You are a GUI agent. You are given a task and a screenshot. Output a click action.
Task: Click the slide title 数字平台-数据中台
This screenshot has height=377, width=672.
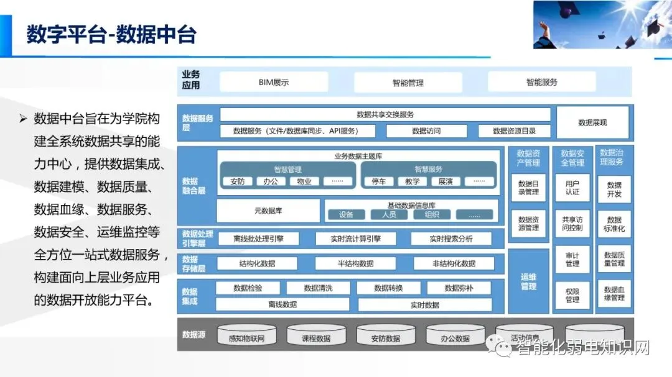click(x=111, y=34)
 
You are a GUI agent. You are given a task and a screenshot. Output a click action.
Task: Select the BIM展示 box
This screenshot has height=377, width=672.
click(x=274, y=82)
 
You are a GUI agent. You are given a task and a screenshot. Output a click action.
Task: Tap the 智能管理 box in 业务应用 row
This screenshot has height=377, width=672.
click(x=408, y=82)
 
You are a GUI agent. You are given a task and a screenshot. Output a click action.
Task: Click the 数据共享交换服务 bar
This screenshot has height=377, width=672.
click(x=385, y=114)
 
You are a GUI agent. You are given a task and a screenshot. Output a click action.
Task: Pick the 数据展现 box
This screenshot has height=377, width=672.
click(x=592, y=122)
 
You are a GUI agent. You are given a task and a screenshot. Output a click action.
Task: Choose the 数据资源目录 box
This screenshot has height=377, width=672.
click(x=513, y=131)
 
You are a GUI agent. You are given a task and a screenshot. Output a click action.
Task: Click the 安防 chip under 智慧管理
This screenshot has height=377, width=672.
click(x=237, y=181)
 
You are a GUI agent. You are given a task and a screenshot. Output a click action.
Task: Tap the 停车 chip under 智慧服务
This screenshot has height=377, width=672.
click(x=378, y=181)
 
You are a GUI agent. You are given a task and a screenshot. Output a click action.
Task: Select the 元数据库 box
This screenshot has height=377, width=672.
click(x=268, y=211)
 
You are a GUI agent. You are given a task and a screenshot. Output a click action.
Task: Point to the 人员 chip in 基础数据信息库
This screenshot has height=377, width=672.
click(x=389, y=215)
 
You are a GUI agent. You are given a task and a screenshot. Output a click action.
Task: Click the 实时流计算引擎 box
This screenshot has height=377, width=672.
click(x=348, y=238)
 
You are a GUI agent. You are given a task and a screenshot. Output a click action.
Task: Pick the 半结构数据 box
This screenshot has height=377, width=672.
click(x=355, y=263)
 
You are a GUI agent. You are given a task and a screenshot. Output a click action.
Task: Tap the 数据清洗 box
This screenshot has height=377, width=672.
click(x=318, y=288)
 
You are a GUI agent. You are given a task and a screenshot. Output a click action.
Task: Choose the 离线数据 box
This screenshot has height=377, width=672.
click(x=282, y=304)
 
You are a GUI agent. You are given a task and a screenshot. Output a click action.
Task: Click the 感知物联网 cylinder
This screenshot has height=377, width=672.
click(x=247, y=337)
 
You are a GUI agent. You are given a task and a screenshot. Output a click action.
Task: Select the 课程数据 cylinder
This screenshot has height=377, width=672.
click(x=317, y=337)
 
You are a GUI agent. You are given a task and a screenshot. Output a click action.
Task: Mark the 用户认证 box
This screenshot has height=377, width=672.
click(x=572, y=188)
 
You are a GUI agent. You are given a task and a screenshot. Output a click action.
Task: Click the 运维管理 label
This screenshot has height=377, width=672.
click(x=528, y=281)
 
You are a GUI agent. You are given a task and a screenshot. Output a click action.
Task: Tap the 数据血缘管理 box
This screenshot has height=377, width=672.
click(x=614, y=294)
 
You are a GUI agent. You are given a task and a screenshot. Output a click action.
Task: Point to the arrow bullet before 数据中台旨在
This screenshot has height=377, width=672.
click(x=24, y=119)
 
